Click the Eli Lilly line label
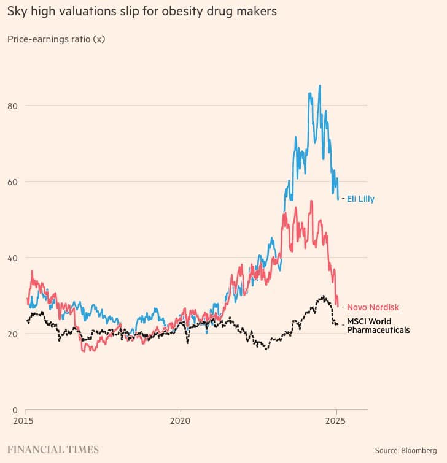[360, 199]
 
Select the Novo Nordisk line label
[373, 307]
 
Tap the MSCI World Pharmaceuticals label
[378, 326]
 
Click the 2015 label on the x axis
[25, 422]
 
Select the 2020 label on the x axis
[181, 422]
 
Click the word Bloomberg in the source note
[419, 451]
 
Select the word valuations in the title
[78, 12]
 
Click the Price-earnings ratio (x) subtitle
[56, 39]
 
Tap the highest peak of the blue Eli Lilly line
[319, 86]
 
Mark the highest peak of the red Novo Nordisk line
[311, 201]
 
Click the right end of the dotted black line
[337, 324]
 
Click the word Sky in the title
[17, 12]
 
